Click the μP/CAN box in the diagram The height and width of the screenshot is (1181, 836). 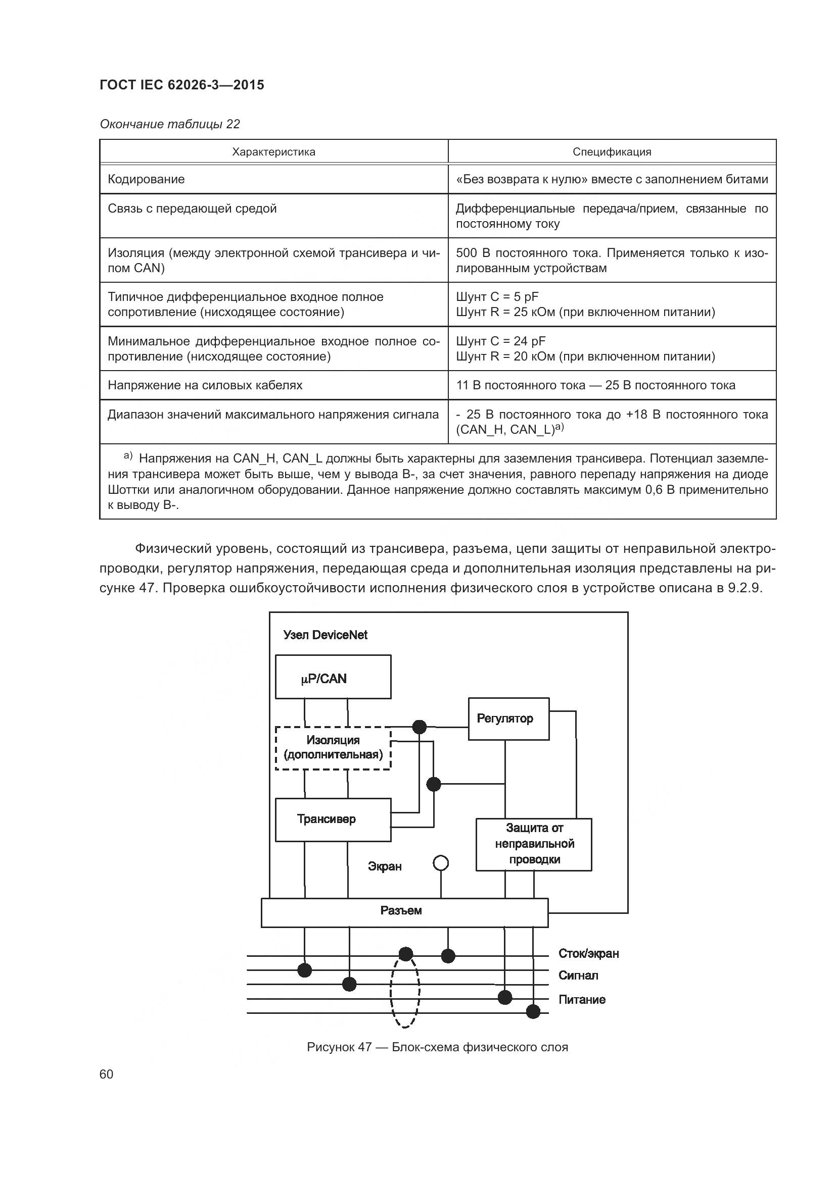(333, 677)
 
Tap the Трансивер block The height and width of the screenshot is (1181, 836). (333, 819)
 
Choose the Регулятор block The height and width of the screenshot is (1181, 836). (508, 718)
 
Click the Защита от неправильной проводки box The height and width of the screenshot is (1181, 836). (533, 844)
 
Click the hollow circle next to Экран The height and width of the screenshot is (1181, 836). (441, 863)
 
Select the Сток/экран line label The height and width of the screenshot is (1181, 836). (588, 954)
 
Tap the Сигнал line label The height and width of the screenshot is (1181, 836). (578, 975)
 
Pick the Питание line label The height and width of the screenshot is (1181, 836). (582, 999)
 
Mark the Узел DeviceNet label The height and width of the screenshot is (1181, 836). (326, 635)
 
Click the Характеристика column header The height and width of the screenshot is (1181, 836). (273, 152)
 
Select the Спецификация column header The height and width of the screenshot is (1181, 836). (612, 152)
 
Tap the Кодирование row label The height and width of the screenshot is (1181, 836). (146, 179)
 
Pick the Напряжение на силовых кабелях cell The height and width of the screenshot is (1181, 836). (205, 385)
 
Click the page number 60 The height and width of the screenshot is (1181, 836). (107, 1074)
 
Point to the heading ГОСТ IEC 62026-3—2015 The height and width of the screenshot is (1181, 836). (182, 85)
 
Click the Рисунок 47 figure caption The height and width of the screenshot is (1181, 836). (437, 1047)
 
